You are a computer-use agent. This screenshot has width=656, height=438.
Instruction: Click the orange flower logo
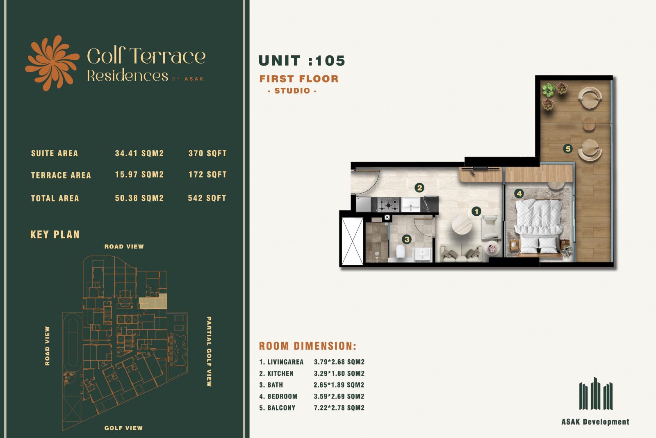pyautogui.click(x=52, y=63)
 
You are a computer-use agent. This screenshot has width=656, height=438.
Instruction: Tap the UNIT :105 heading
pyautogui.click(x=302, y=61)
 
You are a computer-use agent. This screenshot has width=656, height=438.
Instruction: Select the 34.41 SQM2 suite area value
pyautogui.click(x=139, y=153)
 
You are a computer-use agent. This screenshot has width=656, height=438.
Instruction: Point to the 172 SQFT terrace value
pyautogui.click(x=207, y=175)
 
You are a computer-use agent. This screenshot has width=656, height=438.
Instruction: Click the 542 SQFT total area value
pyautogui.click(x=207, y=198)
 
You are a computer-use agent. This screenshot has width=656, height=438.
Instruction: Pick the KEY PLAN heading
pyautogui.click(x=55, y=235)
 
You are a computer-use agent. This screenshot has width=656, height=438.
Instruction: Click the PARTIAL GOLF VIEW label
pyautogui.click(x=209, y=351)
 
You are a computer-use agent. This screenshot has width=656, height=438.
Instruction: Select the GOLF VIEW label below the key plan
pyautogui.click(x=123, y=428)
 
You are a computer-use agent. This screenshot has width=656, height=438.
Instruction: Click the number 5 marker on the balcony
pyautogui.click(x=568, y=149)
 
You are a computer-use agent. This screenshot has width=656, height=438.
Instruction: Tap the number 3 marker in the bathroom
pyautogui.click(x=406, y=240)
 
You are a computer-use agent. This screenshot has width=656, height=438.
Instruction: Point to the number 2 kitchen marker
pyautogui.click(x=419, y=188)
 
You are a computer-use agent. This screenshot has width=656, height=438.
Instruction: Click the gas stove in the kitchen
pyautogui.click(x=388, y=205)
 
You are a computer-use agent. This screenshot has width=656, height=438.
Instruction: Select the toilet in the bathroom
pyautogui.click(x=400, y=251)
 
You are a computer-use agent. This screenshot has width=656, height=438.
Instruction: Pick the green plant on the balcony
pyautogui.click(x=548, y=90)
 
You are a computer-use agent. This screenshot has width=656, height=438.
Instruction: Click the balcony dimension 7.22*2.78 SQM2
pyautogui.click(x=339, y=408)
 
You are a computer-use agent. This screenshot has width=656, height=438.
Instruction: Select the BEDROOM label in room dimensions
pyautogui.click(x=282, y=397)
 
